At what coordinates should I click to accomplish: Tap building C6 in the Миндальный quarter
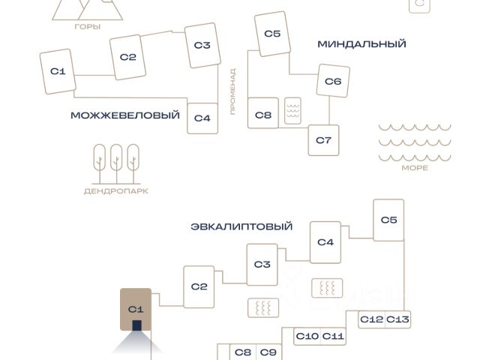[333, 82]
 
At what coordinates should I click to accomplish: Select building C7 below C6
[323, 140]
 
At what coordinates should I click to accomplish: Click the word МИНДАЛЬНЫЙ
[361, 44]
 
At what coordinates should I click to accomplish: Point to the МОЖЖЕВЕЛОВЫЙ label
[125, 115]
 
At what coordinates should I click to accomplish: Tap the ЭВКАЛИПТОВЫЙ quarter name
[241, 226]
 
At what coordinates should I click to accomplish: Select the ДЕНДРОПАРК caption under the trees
[115, 191]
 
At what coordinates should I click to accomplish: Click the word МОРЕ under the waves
[415, 168]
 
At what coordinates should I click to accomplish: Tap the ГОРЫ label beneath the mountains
[88, 27]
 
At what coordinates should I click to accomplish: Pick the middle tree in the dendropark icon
[116, 162]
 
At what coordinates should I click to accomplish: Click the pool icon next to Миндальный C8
[292, 112]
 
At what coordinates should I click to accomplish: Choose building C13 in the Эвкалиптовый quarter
[398, 319]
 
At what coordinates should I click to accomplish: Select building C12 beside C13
[371, 319]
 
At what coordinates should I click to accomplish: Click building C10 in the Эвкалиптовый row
[307, 336]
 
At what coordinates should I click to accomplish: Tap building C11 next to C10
[333, 336]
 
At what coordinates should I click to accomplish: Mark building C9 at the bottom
[268, 352]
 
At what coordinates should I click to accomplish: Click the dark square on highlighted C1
[136, 325]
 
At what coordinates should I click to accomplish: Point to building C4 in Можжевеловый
[202, 118]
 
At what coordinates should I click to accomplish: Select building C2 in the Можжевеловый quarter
[128, 57]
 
